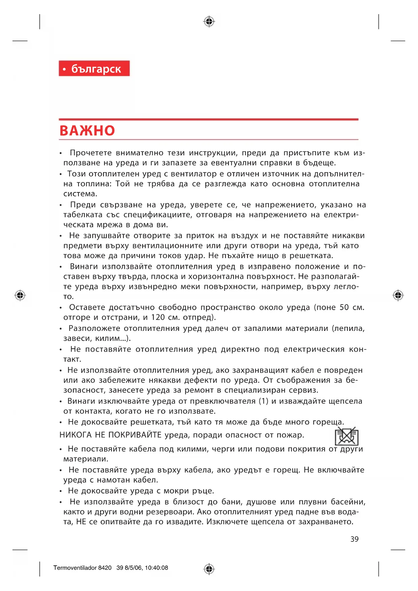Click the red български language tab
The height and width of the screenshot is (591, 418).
[x=94, y=68]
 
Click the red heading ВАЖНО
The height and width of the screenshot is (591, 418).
[x=87, y=131]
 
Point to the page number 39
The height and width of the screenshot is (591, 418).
[x=354, y=539]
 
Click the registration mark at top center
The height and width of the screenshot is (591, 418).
[x=209, y=22]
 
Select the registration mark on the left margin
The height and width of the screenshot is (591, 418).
[x=20, y=295]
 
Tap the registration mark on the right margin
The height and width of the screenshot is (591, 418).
[x=398, y=295]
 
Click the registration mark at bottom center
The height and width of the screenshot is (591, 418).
[x=209, y=569]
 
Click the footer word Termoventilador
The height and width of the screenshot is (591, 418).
[x=75, y=568]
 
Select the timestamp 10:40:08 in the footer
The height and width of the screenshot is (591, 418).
[x=156, y=568]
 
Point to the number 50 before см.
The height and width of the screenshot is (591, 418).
[x=344, y=307]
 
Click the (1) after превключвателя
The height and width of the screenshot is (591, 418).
[x=263, y=401]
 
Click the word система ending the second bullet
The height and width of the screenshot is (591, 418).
[x=80, y=194]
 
